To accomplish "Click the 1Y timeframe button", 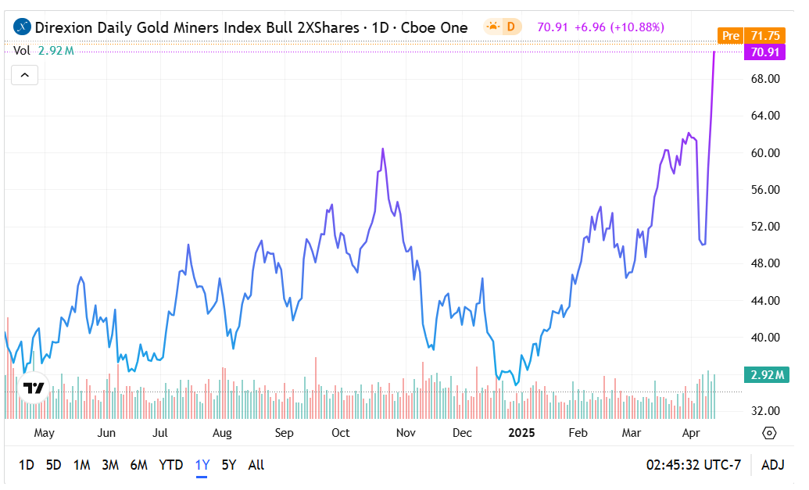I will tap(202, 465).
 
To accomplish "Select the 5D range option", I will tap(53, 465).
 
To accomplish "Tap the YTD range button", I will tap(170, 465).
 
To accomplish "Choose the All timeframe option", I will tap(256, 465).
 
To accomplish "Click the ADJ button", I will tap(772, 465).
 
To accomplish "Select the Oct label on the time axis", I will tap(340, 433).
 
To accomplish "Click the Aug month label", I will tap(222, 433).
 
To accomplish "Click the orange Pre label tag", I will tap(730, 36).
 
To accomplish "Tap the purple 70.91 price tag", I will tap(764, 52).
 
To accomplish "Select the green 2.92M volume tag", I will tap(766, 375).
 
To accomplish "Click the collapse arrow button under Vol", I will tap(24, 75).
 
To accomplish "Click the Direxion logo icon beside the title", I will tap(23, 27).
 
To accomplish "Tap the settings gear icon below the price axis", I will tap(769, 433).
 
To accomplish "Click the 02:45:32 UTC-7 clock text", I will tap(693, 465).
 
